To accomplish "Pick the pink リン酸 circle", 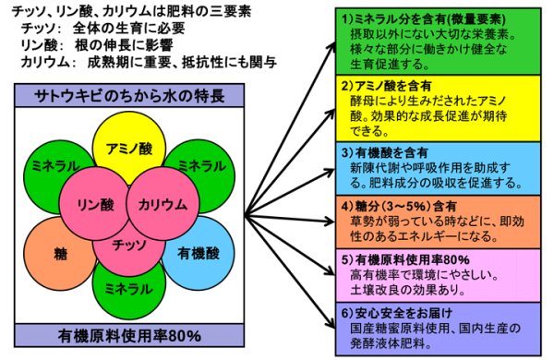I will coord(92,205).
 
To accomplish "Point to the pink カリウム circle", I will coord(161,205).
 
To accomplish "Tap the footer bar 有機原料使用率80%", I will coord(128,334).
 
